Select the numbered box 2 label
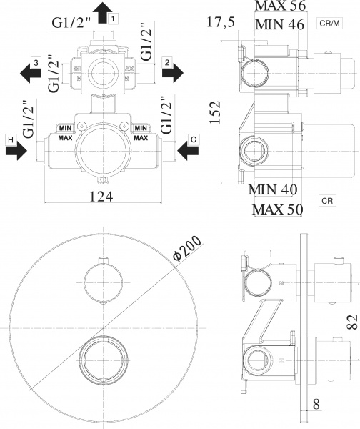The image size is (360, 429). tap(166, 64)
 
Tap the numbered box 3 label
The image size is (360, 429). tap(35, 64)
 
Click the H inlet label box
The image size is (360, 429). tap(9, 139)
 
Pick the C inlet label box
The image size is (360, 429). tap(193, 139)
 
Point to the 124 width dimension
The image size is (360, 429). tap(104, 197)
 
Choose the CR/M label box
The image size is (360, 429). tap(331, 24)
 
